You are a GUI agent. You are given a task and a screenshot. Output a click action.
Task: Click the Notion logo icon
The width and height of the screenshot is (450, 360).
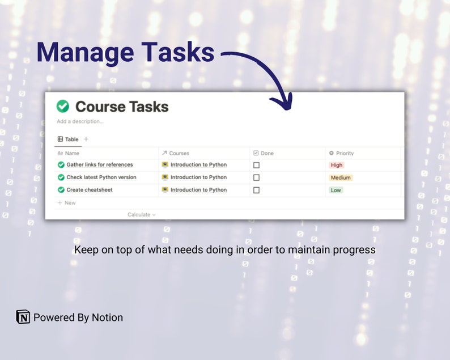[23, 317]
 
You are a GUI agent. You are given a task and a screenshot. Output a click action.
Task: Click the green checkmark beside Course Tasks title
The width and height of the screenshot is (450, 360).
[63, 107]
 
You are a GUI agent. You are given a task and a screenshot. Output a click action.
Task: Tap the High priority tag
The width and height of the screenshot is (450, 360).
[337, 165]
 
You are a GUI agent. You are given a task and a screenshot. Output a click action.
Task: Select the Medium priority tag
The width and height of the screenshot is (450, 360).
[341, 177]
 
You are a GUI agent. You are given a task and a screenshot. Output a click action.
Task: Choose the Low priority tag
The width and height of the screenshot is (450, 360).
[336, 190]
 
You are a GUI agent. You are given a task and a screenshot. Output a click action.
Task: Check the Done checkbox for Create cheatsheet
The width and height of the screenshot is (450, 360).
[256, 190]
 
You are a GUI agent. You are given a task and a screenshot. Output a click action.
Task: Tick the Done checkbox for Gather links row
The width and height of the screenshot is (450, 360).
[256, 165]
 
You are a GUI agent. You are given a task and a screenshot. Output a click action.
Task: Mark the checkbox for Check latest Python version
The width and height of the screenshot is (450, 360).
[256, 177]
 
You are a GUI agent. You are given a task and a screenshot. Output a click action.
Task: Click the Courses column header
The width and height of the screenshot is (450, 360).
[179, 153]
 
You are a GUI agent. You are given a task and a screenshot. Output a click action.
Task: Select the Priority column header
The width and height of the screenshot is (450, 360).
[345, 153]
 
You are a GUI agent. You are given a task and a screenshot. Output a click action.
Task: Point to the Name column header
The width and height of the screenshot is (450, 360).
[72, 153]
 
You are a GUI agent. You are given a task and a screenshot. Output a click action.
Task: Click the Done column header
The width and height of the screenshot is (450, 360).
[267, 153]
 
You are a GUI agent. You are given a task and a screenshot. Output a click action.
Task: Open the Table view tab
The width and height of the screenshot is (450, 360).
[69, 139]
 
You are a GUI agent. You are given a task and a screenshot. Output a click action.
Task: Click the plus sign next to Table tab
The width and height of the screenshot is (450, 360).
[86, 139]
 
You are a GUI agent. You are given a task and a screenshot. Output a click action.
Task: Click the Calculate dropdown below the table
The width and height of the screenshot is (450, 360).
[141, 215]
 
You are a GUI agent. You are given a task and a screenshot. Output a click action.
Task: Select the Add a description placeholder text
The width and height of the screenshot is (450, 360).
[80, 121]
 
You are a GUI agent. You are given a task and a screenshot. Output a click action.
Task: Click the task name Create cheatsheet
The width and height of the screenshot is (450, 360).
[91, 190]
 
